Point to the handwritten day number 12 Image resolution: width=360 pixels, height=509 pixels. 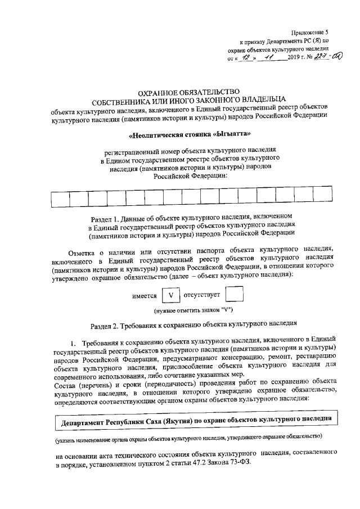pos(243,57)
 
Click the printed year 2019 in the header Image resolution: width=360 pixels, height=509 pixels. pos(294,57)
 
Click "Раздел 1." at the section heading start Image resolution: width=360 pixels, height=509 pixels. pos(108,220)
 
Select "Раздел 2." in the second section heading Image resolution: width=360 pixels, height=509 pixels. pos(107,326)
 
